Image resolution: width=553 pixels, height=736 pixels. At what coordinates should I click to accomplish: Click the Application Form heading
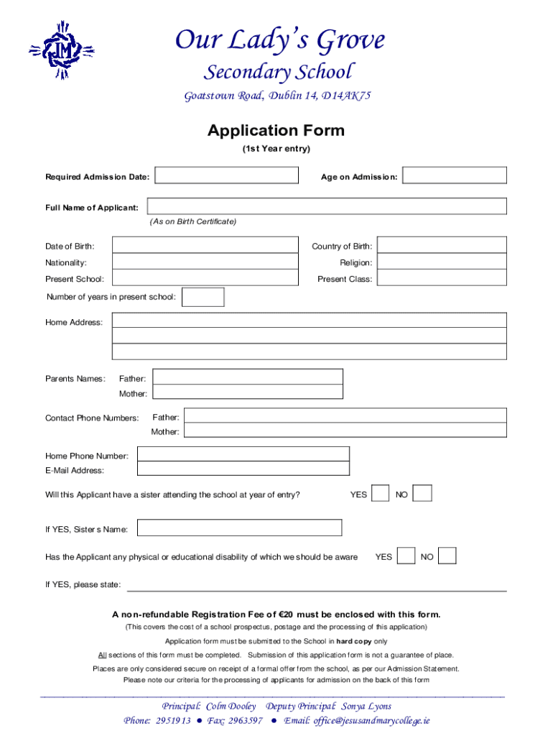pos(276,131)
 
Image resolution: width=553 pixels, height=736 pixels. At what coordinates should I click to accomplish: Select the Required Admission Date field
pos(226,175)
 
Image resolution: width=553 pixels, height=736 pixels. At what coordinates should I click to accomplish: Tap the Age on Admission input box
pos(454,175)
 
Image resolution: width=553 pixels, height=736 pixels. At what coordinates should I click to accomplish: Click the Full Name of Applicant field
pos(327,206)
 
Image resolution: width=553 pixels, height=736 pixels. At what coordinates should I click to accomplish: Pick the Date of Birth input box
pos(205,246)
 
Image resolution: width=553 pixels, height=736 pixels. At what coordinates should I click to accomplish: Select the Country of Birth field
pos(442,246)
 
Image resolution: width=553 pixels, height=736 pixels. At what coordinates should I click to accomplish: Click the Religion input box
pos(442,262)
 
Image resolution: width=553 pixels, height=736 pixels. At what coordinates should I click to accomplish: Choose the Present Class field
pos(442,278)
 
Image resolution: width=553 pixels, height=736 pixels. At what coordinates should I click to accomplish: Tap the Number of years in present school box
pos(203,297)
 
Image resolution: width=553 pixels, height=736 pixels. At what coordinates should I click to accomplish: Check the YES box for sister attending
pos(381,494)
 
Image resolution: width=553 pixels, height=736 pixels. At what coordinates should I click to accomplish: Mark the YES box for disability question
pos(406,556)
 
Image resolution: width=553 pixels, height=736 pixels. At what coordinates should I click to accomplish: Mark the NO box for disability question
pos(447,556)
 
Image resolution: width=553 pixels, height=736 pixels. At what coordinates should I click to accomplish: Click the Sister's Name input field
pos(239,528)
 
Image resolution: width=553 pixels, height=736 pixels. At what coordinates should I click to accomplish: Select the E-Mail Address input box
pos(243,469)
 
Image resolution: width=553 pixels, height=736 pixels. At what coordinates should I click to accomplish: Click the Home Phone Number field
pos(243,454)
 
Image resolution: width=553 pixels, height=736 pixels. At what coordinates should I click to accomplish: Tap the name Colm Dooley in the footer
pos(231,706)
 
